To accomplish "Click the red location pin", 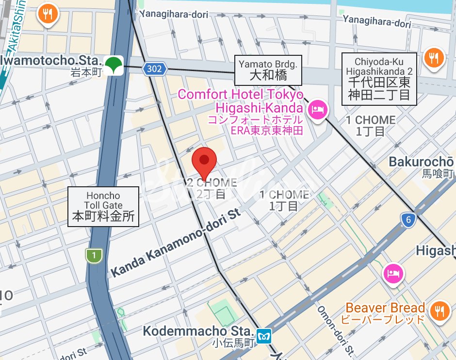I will tap(204, 161).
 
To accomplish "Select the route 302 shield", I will tap(154, 69).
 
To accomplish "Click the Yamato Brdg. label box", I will tap(268, 69).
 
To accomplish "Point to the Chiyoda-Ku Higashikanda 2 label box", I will tap(379, 79).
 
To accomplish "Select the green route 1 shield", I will tap(93, 255).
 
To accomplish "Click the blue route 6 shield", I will tap(409, 220).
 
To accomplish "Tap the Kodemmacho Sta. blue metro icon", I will tap(264, 335).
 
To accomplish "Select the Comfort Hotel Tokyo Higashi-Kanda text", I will tap(241, 100).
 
